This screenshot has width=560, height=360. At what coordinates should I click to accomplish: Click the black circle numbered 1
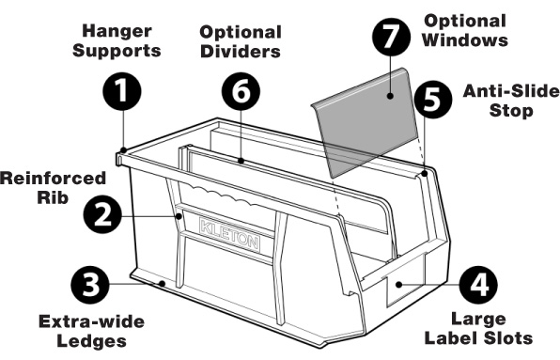coord(122,95)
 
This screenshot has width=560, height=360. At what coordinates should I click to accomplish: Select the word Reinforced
coord(45,178)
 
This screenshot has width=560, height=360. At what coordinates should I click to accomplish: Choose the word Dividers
coord(241,52)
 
